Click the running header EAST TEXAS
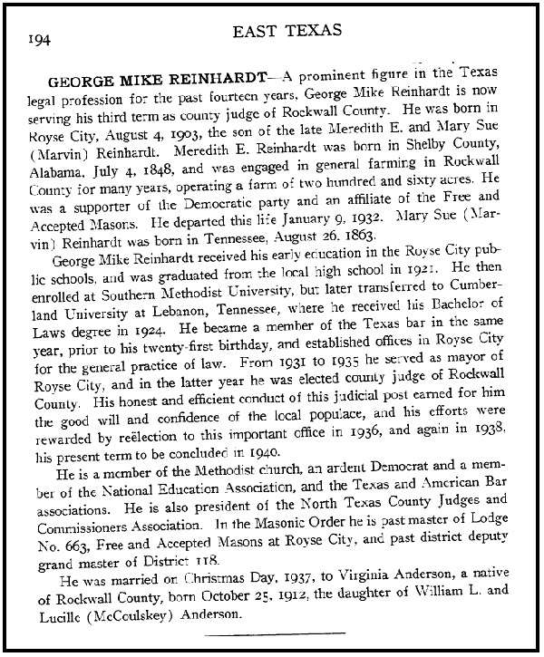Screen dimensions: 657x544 (287, 31)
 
